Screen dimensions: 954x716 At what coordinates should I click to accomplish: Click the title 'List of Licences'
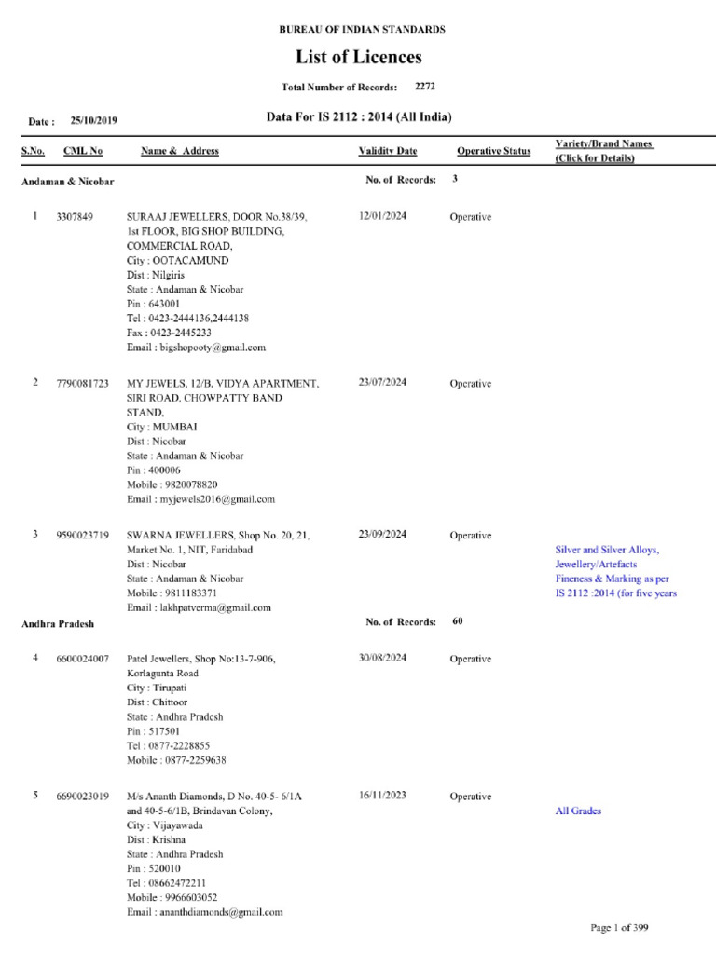pos(359,58)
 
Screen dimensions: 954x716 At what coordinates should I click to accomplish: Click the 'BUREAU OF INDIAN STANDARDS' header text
pos(363,30)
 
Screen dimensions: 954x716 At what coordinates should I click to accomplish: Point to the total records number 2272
pos(425,87)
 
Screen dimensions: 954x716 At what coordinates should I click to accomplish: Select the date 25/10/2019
pos(93,121)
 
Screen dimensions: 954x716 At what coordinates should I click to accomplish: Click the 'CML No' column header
pos(83,151)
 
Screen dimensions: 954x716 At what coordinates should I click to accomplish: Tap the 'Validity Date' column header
pos(388,151)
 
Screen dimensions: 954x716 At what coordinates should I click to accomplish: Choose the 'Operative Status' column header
pos(493,151)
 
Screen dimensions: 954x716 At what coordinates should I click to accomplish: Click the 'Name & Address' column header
pos(180,151)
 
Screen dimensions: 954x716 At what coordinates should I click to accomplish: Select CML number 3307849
pos(76,217)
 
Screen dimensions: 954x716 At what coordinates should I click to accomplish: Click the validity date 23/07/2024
pos(382,383)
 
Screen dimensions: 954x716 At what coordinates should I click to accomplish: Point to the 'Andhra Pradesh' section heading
pos(58,624)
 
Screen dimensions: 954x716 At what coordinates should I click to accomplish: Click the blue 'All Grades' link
pos(578,811)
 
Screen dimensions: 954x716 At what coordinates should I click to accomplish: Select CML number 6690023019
pos(83,797)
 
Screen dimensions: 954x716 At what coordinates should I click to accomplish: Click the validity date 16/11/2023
pos(382,797)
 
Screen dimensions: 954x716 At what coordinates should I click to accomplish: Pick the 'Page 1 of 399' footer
pos(620,928)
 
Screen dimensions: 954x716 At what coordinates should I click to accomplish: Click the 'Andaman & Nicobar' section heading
pos(68,182)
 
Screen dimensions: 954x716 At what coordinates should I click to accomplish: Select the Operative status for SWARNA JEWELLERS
pos(470,536)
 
